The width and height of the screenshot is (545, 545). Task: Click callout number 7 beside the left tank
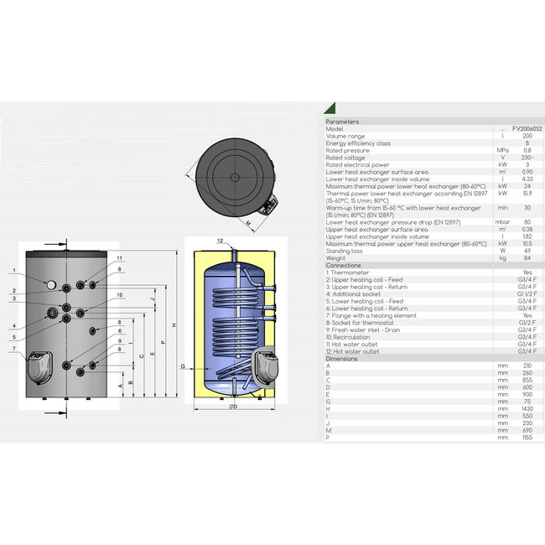pos(14,348)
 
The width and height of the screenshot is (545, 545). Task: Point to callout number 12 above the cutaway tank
pos(220,241)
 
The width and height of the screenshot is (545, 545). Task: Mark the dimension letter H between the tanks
pos(173,325)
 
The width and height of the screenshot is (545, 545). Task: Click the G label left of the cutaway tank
pos(183,367)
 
